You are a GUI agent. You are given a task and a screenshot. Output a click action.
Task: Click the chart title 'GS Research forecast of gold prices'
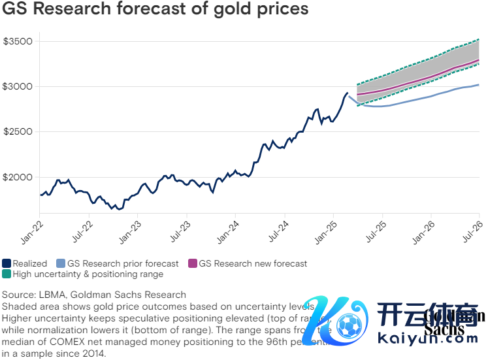155,10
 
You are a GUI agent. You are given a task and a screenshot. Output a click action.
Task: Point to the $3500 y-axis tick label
18,41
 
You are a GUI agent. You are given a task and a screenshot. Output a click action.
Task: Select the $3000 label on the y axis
18,86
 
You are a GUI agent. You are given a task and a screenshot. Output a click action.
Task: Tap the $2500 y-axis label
18,132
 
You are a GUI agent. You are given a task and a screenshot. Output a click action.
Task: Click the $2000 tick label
18,177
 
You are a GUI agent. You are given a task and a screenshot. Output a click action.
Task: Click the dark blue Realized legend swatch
7,264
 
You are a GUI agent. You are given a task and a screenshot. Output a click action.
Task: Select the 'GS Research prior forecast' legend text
123,264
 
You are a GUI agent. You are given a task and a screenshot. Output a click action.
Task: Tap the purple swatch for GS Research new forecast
193,264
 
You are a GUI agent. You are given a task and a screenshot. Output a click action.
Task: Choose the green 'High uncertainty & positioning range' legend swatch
7,274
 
